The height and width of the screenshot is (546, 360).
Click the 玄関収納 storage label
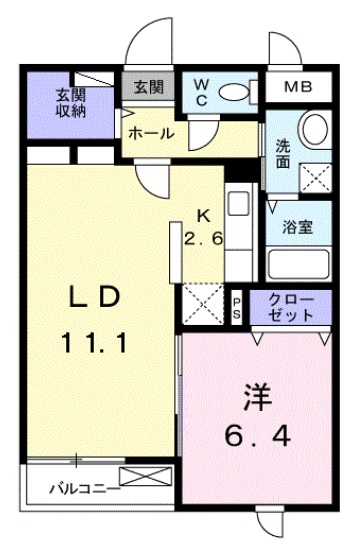[x=70, y=102]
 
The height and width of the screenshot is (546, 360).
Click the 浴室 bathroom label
[x=298, y=226]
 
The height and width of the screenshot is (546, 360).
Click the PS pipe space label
[x=237, y=306]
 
